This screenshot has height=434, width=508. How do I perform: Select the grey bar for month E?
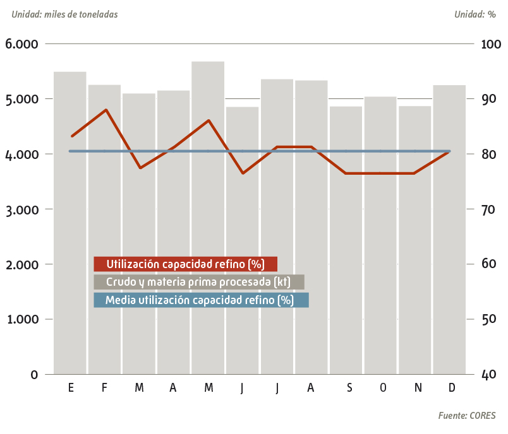pyautogui.click(x=70, y=252)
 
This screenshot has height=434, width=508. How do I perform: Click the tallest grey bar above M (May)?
pyautogui.click(x=208, y=252)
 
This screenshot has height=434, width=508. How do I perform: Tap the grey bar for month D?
pyautogui.click(x=449, y=252)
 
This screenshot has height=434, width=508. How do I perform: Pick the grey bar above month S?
pyautogui.click(x=346, y=252)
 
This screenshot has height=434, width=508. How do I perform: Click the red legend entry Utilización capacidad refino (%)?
pyautogui.click(x=185, y=264)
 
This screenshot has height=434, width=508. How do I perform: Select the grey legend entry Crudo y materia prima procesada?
pyautogui.click(x=198, y=282)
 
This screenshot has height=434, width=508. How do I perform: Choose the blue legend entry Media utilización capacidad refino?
pyautogui.click(x=200, y=300)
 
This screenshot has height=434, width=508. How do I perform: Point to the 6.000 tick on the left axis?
pyautogui.click(x=21, y=44)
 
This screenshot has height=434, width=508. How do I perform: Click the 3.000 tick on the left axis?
pyautogui.click(x=21, y=209)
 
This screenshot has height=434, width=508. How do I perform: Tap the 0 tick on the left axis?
pyautogui.click(x=34, y=375)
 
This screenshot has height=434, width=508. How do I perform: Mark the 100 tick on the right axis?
pyautogui.click(x=491, y=44)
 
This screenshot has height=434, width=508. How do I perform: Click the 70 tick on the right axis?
pyautogui.click(x=489, y=209)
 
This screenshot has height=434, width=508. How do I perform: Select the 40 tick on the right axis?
pyautogui.click(x=489, y=375)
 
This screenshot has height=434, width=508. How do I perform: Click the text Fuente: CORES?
pyautogui.click(x=466, y=416)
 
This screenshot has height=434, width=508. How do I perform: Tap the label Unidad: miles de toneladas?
pyautogui.click(x=64, y=14)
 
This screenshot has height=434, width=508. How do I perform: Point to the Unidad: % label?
pyautogui.click(x=475, y=14)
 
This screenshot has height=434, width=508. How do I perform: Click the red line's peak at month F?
pyautogui.click(x=106, y=110)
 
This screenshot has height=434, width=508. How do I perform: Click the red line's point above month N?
pyautogui.click(x=414, y=173)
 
